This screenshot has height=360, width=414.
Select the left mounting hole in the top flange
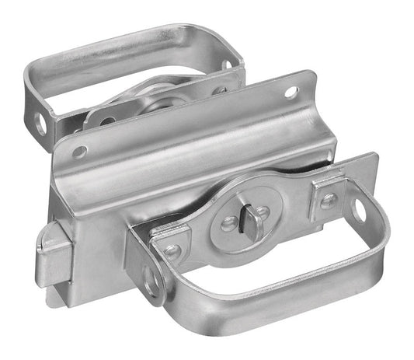[79, 152]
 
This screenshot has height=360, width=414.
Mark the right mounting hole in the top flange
[291, 93]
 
